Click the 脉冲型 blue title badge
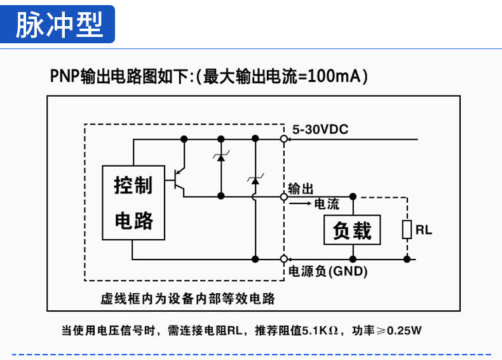pyautogui.click(x=58, y=24)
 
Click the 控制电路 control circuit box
pyautogui.click(x=133, y=203)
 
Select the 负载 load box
pyautogui.click(x=352, y=230)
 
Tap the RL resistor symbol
pyautogui.click(x=407, y=230)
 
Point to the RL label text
pyautogui.click(x=424, y=230)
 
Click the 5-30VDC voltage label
pyautogui.click(x=320, y=129)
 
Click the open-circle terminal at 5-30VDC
pyautogui.click(x=283, y=139)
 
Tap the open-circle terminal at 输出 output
pyautogui.click(x=283, y=197)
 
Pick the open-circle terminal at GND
pyautogui.click(x=283, y=259)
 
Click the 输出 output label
pyautogui.click(x=301, y=188)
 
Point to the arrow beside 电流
pyautogui.click(x=301, y=204)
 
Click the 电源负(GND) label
pyautogui.click(x=328, y=271)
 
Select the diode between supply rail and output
pyautogui.click(x=221, y=156)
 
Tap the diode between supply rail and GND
pyautogui.click(x=255, y=180)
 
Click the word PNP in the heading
pyautogui.click(x=65, y=76)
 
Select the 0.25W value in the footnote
pyautogui.click(x=404, y=330)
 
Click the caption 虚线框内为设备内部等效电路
pyautogui.click(x=187, y=299)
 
